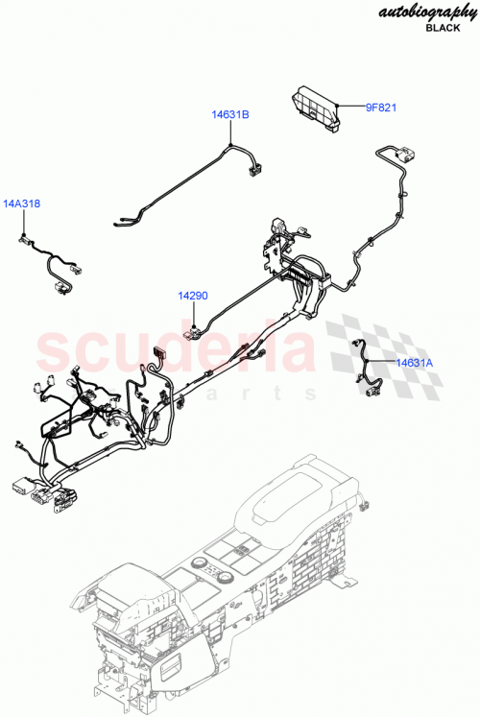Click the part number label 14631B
pyautogui.click(x=230, y=115)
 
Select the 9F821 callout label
pyautogui.click(x=380, y=108)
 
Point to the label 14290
pyautogui.click(x=192, y=297)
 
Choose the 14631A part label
pyautogui.click(x=416, y=362)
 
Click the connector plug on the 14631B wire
pyautogui.click(x=255, y=171)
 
